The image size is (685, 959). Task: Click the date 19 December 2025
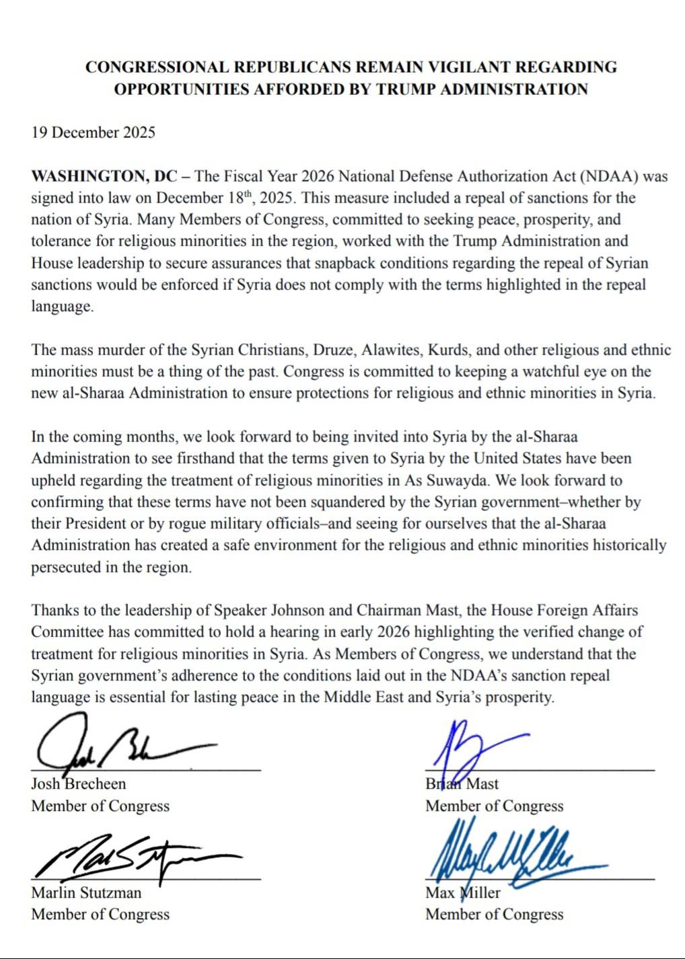tap(93, 132)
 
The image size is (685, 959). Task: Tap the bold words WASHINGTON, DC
tap(104, 176)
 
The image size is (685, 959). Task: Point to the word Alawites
tap(388, 350)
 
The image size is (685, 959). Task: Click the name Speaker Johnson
tap(269, 611)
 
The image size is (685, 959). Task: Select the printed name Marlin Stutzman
tap(86, 892)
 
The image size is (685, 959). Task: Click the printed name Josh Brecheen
tap(78, 783)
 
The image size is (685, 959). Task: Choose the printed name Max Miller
tap(463, 892)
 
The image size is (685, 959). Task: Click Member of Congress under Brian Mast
tap(494, 806)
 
